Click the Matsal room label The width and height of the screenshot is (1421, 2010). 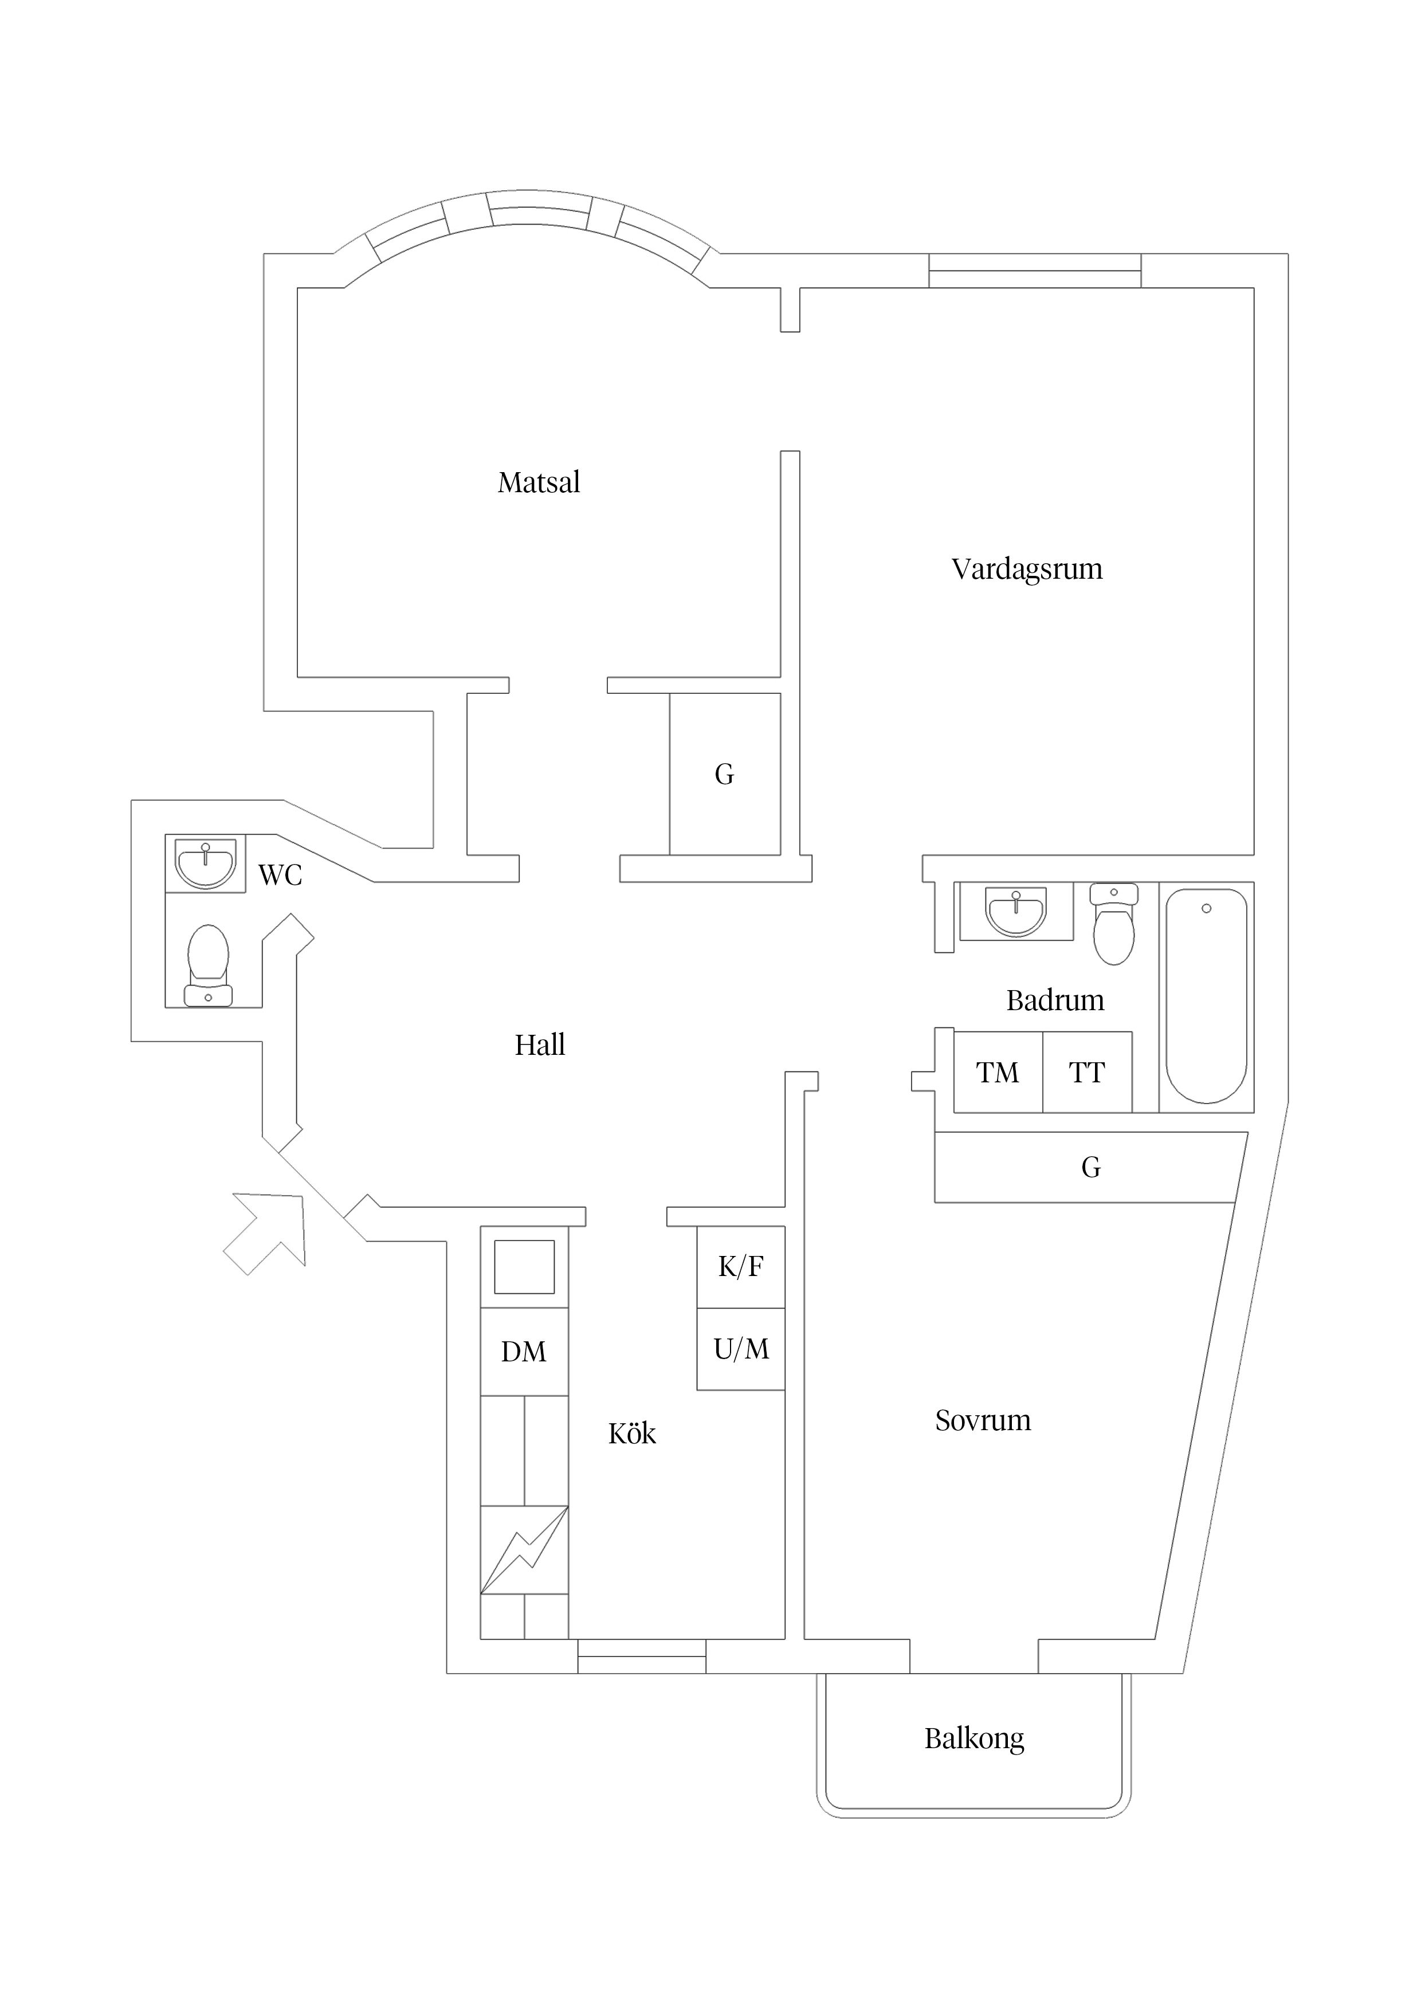[x=539, y=482]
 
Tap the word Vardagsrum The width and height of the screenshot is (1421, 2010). [x=1026, y=569]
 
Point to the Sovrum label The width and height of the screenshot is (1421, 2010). [x=982, y=1420]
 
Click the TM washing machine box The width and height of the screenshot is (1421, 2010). [x=997, y=1073]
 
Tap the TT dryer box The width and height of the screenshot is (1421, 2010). [x=1086, y=1073]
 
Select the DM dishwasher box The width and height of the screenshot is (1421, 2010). [x=524, y=1351]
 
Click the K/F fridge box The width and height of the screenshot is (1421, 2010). [x=741, y=1266]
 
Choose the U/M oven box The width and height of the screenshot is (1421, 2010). [x=741, y=1349]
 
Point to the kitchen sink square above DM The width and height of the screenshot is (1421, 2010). [x=524, y=1267]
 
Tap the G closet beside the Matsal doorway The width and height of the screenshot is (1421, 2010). [x=724, y=774]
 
